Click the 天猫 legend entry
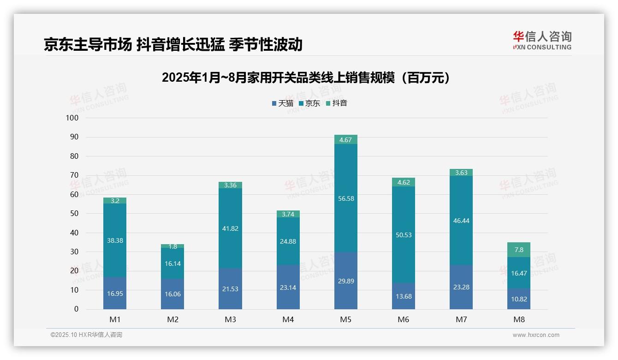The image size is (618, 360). point(283,103)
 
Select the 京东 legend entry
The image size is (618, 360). point(309,103)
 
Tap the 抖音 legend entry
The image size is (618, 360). point(336,103)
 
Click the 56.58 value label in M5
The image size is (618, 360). point(345,198)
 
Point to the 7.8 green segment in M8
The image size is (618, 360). point(518,250)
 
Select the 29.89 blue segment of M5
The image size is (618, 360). point(345,281)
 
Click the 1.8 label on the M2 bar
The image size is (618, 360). point(172,246)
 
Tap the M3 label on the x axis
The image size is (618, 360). point(230,319)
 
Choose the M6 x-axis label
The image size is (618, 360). point(403,319)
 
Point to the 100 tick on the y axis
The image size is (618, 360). point(72,118)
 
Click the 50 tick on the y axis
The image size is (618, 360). point(74,214)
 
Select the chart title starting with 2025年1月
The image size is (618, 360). point(306,78)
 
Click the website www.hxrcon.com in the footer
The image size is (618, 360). point(536,335)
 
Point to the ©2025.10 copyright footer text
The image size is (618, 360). point(86,335)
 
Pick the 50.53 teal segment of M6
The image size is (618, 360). point(403,235)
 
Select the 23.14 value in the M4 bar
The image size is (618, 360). point(288,287)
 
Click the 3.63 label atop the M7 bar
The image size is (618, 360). point(461,173)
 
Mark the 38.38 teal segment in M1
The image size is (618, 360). point(115,240)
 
